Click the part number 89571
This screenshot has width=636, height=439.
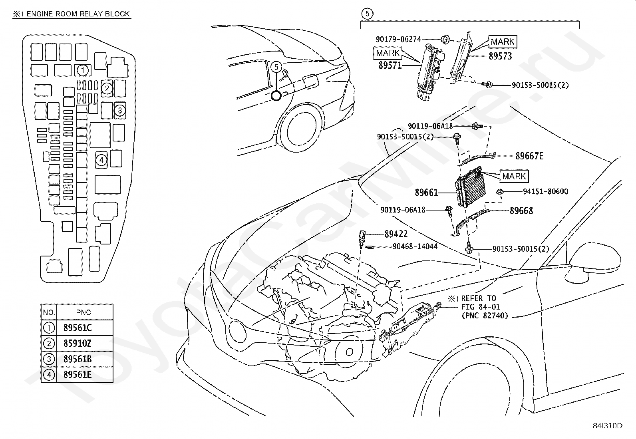[x=390, y=65]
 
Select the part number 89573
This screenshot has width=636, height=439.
[x=500, y=56]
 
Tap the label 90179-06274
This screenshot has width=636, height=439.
[x=398, y=39]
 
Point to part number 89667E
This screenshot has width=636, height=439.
[x=529, y=156]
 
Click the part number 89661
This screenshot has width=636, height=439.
[x=426, y=193]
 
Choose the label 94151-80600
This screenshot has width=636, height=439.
[x=546, y=191]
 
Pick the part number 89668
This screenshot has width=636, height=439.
[x=522, y=211]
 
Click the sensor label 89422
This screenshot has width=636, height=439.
[x=396, y=234]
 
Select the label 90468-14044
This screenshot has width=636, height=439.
[x=415, y=246]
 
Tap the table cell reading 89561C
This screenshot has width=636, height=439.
[x=78, y=328]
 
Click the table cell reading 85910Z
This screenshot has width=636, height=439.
[x=78, y=343]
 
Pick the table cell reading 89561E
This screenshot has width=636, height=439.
[x=78, y=375]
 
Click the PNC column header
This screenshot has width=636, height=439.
[x=83, y=312]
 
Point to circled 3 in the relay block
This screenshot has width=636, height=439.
[x=120, y=111]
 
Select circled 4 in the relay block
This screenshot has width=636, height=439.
[x=101, y=160]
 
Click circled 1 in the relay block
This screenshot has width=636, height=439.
[x=83, y=70]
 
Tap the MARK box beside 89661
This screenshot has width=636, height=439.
[x=514, y=176]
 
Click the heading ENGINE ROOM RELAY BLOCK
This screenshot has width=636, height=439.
[x=78, y=14]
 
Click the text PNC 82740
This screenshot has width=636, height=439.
[x=485, y=316]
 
